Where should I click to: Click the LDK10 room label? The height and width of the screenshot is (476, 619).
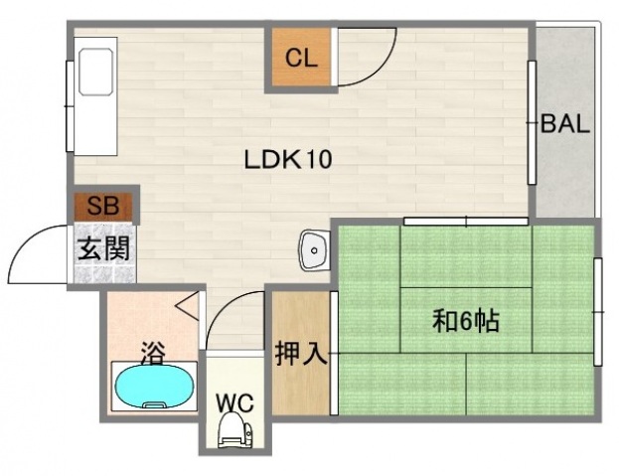click(288, 158)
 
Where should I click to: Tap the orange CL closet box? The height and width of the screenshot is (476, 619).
click(301, 58)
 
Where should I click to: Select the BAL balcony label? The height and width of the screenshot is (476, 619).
click(565, 125)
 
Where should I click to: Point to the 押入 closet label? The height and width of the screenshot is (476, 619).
click(301, 352)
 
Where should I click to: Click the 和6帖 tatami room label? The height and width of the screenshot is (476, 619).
click(465, 320)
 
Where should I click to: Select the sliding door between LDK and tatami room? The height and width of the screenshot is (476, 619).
click(466, 220)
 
